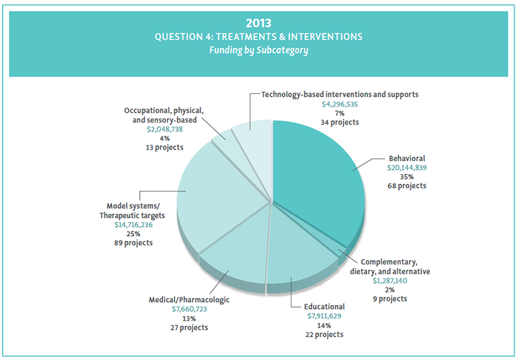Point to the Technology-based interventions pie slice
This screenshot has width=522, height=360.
coord(255,136)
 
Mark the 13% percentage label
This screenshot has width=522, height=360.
coord(189,318)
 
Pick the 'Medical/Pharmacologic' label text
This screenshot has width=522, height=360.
coord(189,300)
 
